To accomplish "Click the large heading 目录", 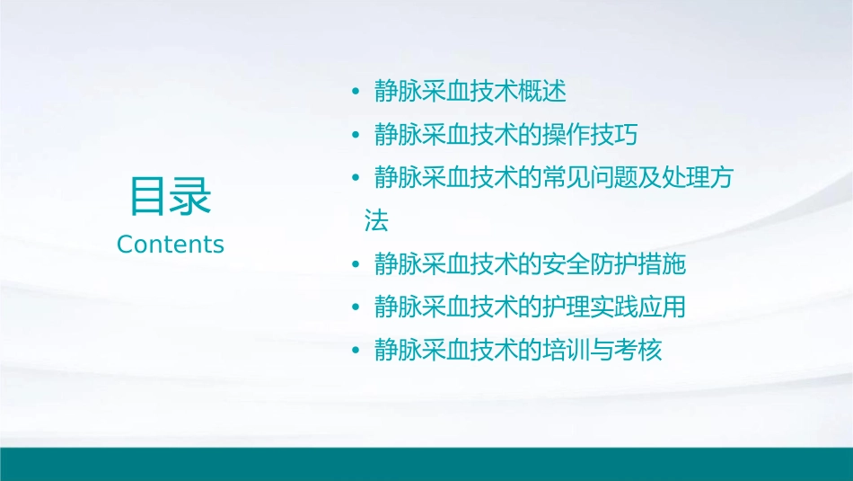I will (171, 196).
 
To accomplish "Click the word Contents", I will (171, 245).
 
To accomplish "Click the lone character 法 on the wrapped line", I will (376, 221).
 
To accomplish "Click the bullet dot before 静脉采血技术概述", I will (356, 92).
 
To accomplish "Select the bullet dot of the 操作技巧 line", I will (356, 135).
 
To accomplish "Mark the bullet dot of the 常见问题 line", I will (356, 178).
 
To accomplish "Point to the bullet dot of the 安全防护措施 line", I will (356, 264).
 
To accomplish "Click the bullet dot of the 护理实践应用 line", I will (356, 307).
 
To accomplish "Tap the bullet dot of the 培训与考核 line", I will (356, 351).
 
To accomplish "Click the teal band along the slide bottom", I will (426, 464).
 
